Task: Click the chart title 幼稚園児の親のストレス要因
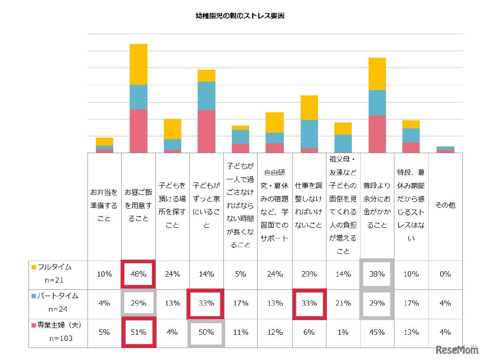pyautogui.click(x=240, y=16)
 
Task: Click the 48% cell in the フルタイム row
pyautogui.click(x=138, y=274)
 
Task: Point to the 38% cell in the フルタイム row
pyautogui.click(x=377, y=274)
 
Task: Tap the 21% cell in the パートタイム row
pyautogui.click(x=343, y=304)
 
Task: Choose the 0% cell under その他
pyautogui.click(x=445, y=274)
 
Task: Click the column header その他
pyautogui.click(x=445, y=206)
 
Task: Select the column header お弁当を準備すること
pyautogui.click(x=104, y=206)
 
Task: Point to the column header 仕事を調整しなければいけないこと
pyautogui.click(x=309, y=206)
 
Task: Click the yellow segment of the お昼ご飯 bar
pyautogui.click(x=138, y=64)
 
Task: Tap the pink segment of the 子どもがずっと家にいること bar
pyautogui.click(x=207, y=131)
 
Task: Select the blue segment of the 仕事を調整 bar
pyautogui.click(x=309, y=134)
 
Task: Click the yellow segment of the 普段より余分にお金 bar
pyautogui.click(x=377, y=74)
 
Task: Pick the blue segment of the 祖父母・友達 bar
pyautogui.click(x=343, y=143)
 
